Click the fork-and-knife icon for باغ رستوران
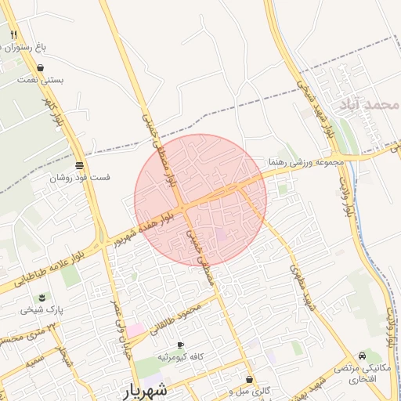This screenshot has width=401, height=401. click(14, 35)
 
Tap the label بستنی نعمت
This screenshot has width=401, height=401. click(45, 80)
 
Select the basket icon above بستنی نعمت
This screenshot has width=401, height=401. click(40, 68)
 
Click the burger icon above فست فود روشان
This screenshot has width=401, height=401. click(79, 165)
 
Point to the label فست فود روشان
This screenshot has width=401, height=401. click(80, 178)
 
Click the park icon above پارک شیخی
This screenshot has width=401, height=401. click(42, 298)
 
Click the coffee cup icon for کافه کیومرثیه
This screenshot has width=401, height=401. click(180, 345)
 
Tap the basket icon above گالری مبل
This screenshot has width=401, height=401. click(249, 379)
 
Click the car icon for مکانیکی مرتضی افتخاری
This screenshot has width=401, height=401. click(361, 356)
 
